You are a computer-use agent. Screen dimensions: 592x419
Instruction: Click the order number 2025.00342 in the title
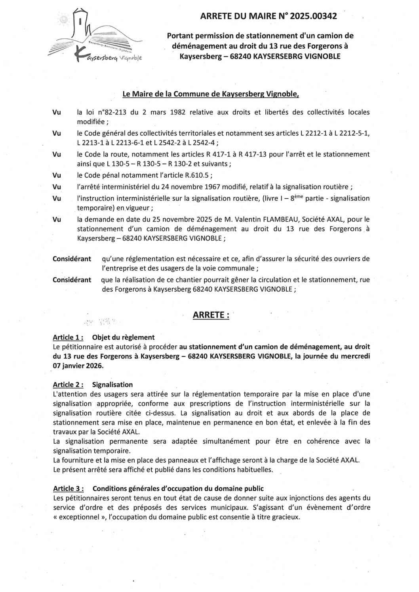313,16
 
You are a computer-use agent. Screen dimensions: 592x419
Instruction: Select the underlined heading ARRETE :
211,315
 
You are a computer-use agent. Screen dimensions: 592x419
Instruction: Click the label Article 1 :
68,338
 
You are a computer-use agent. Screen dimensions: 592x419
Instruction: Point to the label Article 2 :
68,385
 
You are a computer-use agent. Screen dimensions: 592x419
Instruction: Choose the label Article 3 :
68,489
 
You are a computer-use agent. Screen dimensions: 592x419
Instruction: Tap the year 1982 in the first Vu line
177,112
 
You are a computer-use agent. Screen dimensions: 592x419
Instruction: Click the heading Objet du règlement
123,338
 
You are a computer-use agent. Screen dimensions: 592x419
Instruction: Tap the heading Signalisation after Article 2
112,385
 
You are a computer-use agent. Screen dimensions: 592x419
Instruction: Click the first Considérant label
72,259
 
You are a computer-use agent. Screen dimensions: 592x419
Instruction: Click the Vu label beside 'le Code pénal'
57,175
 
